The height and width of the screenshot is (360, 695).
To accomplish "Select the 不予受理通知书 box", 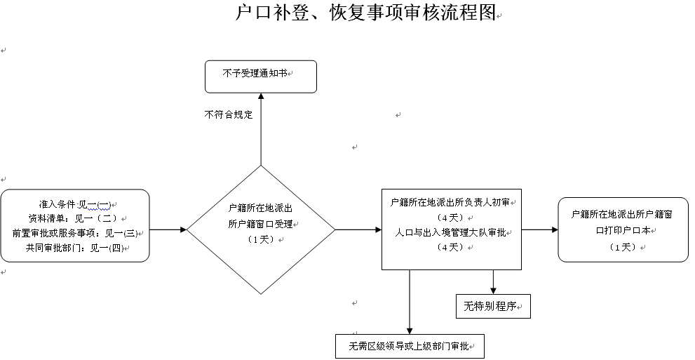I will click(x=260, y=76).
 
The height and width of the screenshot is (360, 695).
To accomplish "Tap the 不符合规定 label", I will click(x=229, y=114).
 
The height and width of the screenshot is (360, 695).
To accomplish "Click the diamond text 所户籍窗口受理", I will click(x=261, y=225).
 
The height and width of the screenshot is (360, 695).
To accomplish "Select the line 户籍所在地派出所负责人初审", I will click(x=451, y=203).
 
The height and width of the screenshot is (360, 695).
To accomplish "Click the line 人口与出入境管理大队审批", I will click(x=451, y=232).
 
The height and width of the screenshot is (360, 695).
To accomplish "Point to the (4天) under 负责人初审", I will click(x=449, y=218).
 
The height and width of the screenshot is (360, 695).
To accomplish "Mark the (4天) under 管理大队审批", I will click(x=449, y=247).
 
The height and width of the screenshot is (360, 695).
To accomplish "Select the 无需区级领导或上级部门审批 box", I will click(x=409, y=347).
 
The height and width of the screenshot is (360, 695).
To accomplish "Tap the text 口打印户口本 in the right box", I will click(x=623, y=229).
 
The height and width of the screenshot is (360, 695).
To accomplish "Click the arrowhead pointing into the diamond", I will click(x=183, y=229).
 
